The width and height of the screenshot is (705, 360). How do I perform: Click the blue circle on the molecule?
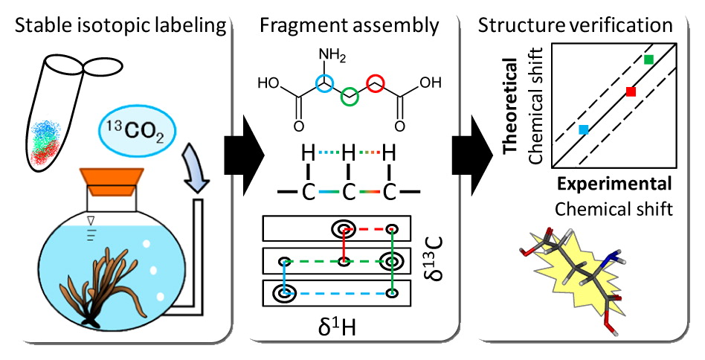click(323, 83)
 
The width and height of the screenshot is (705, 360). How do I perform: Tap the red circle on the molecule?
click(375, 83)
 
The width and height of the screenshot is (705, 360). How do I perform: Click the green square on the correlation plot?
click(648, 59)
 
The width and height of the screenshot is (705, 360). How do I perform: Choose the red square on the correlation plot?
click(631, 91)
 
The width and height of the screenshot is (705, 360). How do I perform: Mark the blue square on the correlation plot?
click(584, 129)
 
